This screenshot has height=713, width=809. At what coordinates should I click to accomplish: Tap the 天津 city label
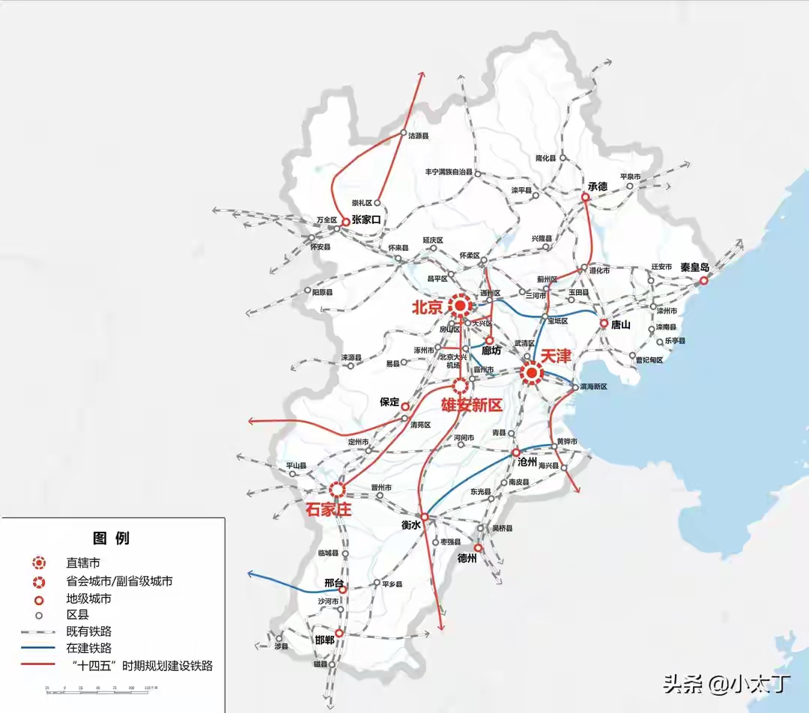click(x=556, y=356)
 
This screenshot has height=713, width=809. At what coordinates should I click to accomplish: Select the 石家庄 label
click(x=328, y=509)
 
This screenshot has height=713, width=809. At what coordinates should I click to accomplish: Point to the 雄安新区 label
click(x=470, y=405)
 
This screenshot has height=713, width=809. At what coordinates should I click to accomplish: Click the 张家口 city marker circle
click(x=345, y=222)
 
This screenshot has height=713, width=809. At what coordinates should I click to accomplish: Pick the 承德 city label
click(x=597, y=186)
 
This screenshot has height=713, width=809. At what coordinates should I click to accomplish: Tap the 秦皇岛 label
click(x=694, y=267)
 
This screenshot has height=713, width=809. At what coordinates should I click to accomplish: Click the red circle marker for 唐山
click(x=604, y=324)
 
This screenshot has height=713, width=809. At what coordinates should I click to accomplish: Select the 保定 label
click(x=390, y=401)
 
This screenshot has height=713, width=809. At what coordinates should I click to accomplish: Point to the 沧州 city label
click(x=528, y=463)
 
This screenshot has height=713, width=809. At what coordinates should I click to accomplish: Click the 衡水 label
click(x=413, y=526)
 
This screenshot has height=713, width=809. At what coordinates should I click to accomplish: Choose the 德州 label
click(x=467, y=558)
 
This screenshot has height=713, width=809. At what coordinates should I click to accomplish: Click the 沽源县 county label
click(x=418, y=136)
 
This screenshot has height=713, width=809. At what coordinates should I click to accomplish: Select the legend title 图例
click(x=111, y=538)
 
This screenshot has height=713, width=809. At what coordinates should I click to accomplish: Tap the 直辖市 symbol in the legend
click(x=37, y=562)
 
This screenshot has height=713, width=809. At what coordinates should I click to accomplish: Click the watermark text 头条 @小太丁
click(x=727, y=683)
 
